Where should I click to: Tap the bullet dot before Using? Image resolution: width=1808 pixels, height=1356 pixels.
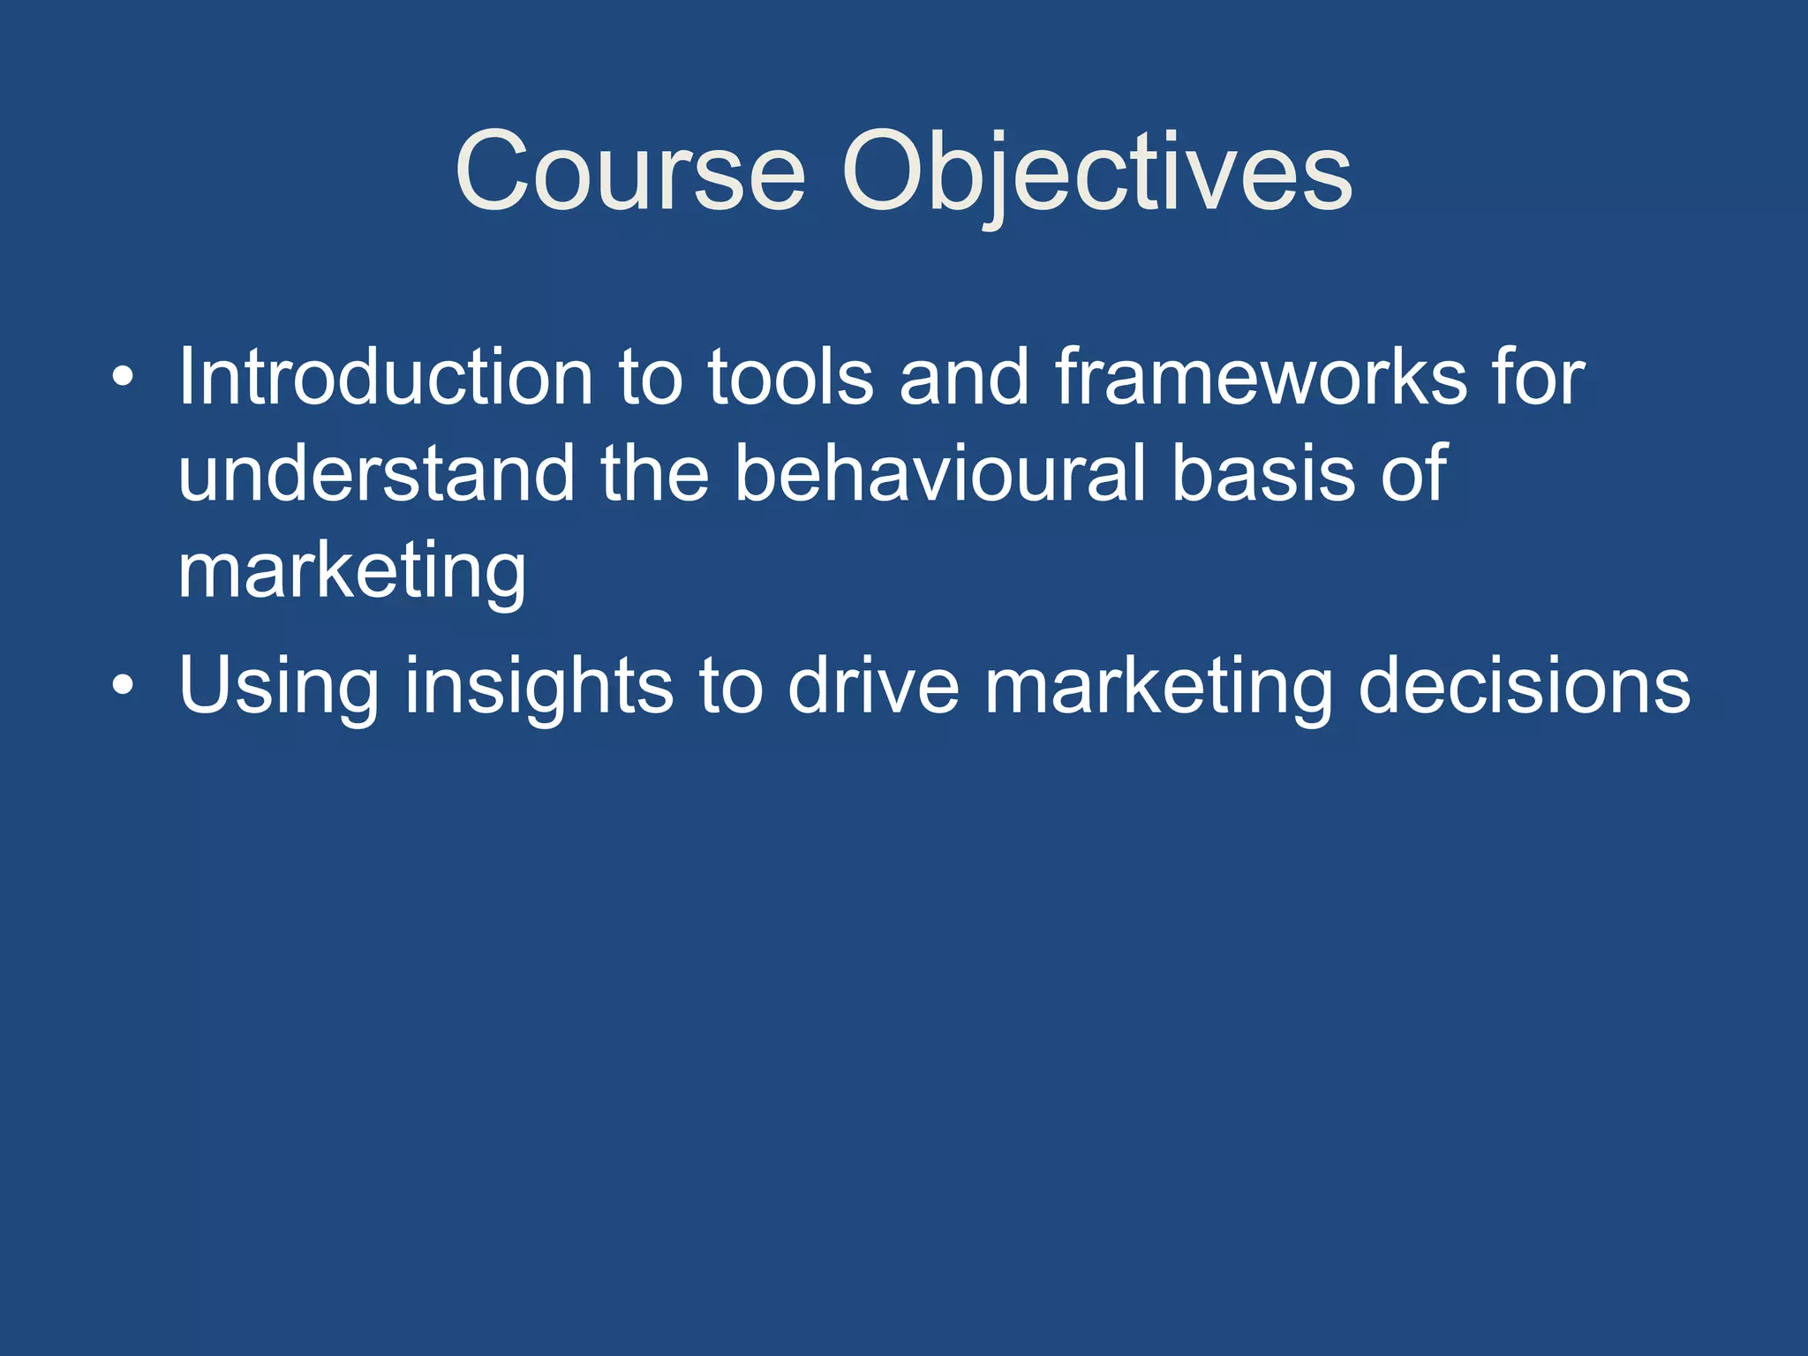(x=124, y=686)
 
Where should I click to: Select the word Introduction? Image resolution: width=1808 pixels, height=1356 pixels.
(x=385, y=378)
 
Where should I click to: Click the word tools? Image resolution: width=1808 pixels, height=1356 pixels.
(x=790, y=378)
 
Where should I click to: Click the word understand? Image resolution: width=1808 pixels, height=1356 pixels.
(x=376, y=475)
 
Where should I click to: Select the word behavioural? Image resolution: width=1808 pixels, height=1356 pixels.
(x=939, y=475)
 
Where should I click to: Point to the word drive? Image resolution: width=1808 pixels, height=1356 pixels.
(x=872, y=687)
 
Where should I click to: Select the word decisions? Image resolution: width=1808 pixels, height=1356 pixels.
(x=1524, y=687)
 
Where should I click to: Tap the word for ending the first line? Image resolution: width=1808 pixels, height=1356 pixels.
(x=1539, y=378)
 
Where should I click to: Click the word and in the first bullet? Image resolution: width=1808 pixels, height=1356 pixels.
(x=964, y=378)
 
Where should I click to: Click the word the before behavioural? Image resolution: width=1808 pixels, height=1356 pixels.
(x=655, y=475)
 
